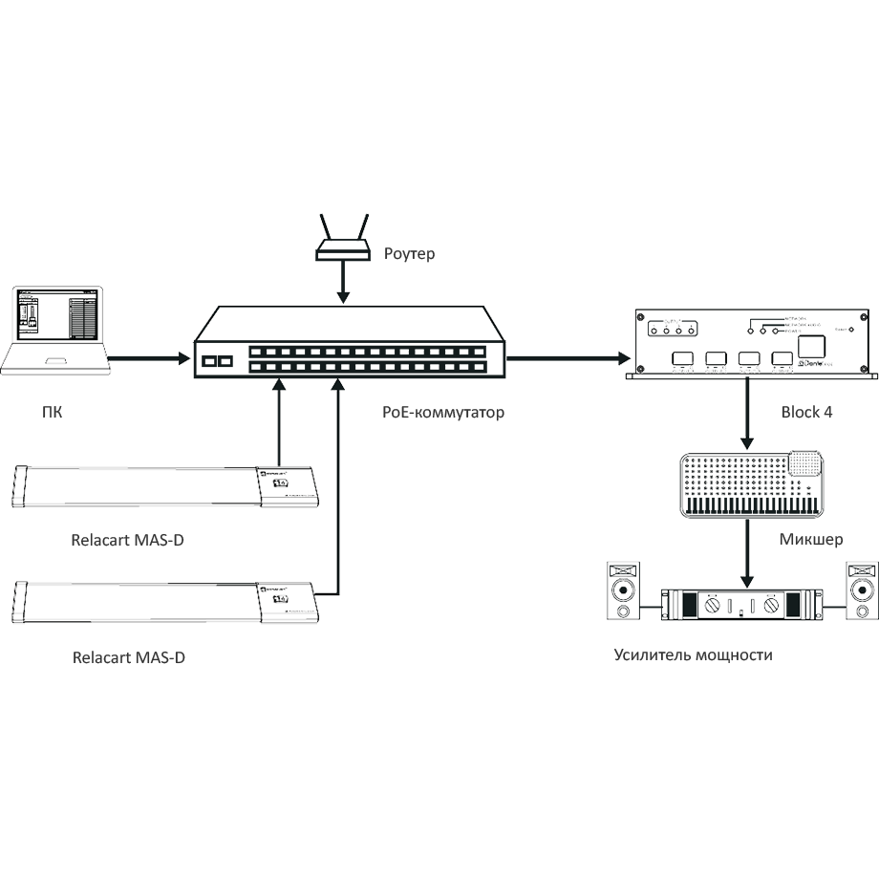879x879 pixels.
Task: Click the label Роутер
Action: coord(409,254)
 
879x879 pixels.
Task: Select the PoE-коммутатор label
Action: coord(443,413)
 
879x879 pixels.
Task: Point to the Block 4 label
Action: coord(806,411)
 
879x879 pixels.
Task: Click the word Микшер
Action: coord(810,540)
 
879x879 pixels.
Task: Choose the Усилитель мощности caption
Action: coord(693,655)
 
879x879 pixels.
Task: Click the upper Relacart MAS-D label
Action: coord(128,541)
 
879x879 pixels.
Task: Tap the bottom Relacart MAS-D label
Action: coord(128,657)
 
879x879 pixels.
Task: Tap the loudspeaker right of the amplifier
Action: coord(862,593)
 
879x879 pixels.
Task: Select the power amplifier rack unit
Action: coord(737,605)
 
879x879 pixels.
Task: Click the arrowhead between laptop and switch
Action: coord(182,355)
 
